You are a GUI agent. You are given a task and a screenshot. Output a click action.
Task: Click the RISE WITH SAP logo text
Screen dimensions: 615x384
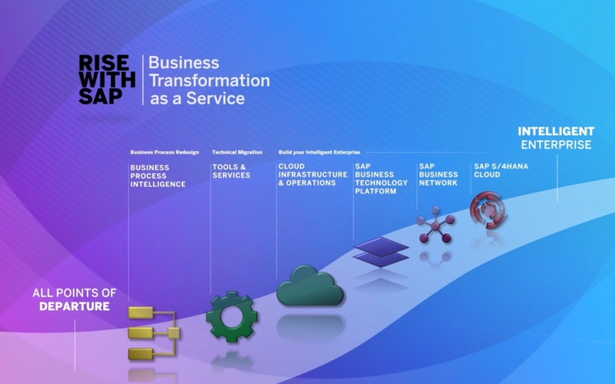107,80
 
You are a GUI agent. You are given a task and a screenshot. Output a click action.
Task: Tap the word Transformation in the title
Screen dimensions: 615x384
209,81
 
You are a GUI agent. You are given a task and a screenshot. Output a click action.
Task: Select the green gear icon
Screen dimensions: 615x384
232,316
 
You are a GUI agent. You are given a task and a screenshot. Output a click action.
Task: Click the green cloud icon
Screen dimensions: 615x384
311,286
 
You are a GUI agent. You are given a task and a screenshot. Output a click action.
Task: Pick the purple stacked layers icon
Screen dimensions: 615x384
381,252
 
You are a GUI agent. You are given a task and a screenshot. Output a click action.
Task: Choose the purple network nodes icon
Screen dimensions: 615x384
435,225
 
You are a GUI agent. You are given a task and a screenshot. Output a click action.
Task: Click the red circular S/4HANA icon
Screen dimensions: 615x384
488,210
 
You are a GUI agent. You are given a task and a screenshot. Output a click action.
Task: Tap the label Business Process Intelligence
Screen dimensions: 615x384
158,176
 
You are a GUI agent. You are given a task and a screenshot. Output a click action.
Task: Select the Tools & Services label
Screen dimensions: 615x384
231,171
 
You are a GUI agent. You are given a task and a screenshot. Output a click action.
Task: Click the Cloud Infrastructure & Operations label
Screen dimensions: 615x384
313,175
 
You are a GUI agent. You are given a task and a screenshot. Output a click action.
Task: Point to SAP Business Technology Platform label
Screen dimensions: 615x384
381,179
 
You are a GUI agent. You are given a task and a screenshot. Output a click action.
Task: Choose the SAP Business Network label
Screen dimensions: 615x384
438,175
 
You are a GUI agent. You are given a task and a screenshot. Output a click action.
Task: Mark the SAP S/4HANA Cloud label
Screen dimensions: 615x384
501,170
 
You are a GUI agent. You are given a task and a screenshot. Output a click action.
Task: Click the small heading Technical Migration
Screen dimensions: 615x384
238,152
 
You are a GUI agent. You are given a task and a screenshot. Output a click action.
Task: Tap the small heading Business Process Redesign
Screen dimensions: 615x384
165,152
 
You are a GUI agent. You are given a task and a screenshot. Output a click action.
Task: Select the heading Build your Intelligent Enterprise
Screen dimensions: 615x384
319,152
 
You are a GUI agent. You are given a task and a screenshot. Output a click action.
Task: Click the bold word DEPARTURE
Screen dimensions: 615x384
75,306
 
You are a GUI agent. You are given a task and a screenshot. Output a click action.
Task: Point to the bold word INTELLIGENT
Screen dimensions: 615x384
556,131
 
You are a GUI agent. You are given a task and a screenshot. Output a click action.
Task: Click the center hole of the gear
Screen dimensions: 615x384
232,316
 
